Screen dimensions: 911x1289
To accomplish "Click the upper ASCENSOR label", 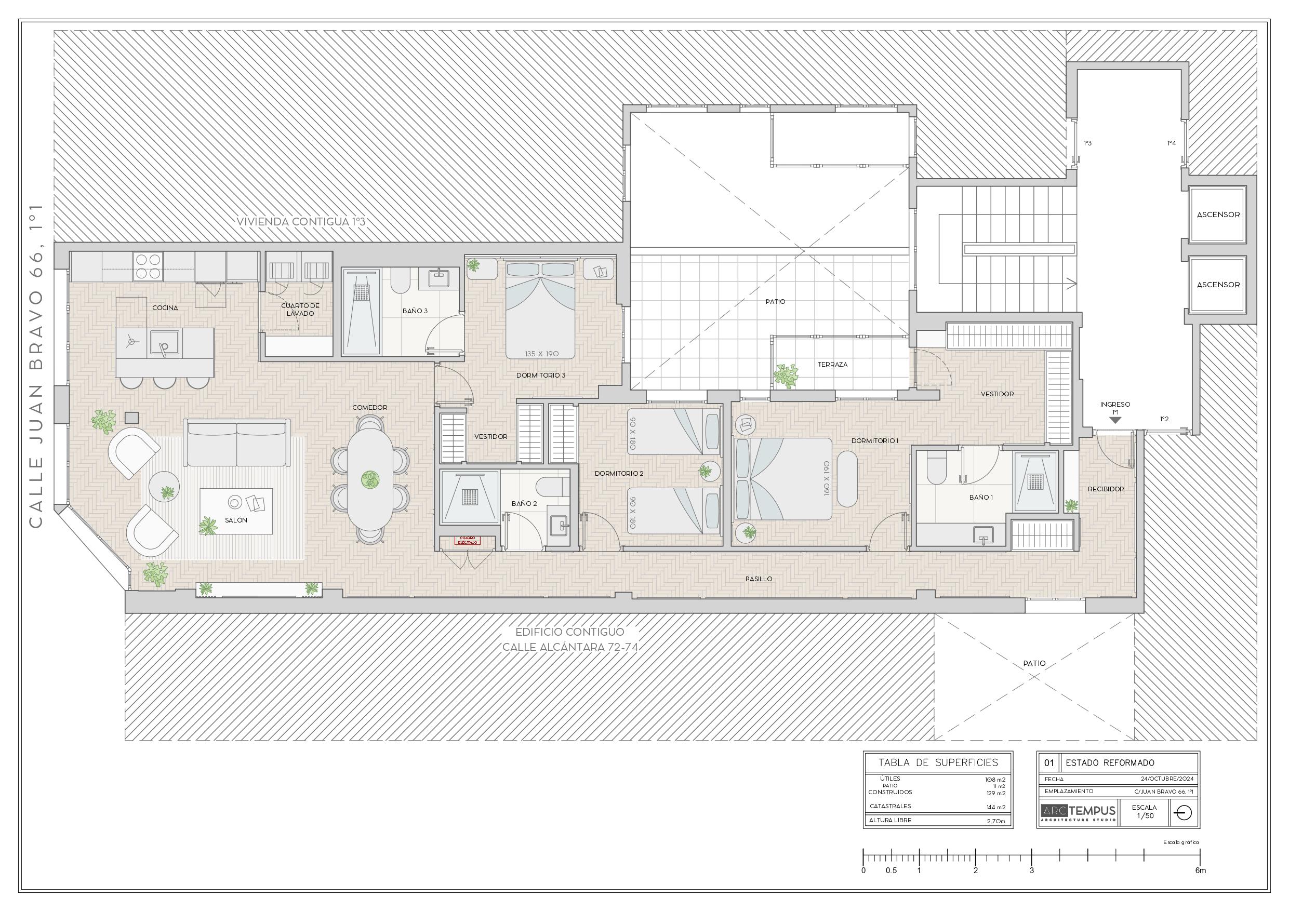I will [x=1218, y=215].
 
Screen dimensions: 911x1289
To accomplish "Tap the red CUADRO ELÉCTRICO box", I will [x=468, y=541].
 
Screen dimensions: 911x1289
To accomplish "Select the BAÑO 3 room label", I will [x=415, y=311].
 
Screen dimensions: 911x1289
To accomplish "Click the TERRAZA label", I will [x=832, y=364].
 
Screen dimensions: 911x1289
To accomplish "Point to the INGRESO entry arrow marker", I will [x=1115, y=420].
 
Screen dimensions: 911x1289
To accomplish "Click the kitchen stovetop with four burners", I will [x=148, y=266].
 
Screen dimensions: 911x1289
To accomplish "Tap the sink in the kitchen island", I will [x=164, y=343].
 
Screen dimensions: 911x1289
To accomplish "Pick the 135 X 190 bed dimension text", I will [x=541, y=354].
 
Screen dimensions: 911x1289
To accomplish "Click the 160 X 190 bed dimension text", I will [x=827, y=478].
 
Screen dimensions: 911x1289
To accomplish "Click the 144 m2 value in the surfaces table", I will [x=995, y=807].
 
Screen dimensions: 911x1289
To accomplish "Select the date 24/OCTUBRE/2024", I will [x=1166, y=779].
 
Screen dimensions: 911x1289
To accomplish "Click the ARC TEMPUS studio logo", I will [x=1079, y=812].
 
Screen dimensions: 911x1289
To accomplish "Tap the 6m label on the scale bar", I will [x=1200, y=870].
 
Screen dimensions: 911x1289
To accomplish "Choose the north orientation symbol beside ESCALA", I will [x=1183, y=813].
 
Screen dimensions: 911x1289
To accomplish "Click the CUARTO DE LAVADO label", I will [x=300, y=309].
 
